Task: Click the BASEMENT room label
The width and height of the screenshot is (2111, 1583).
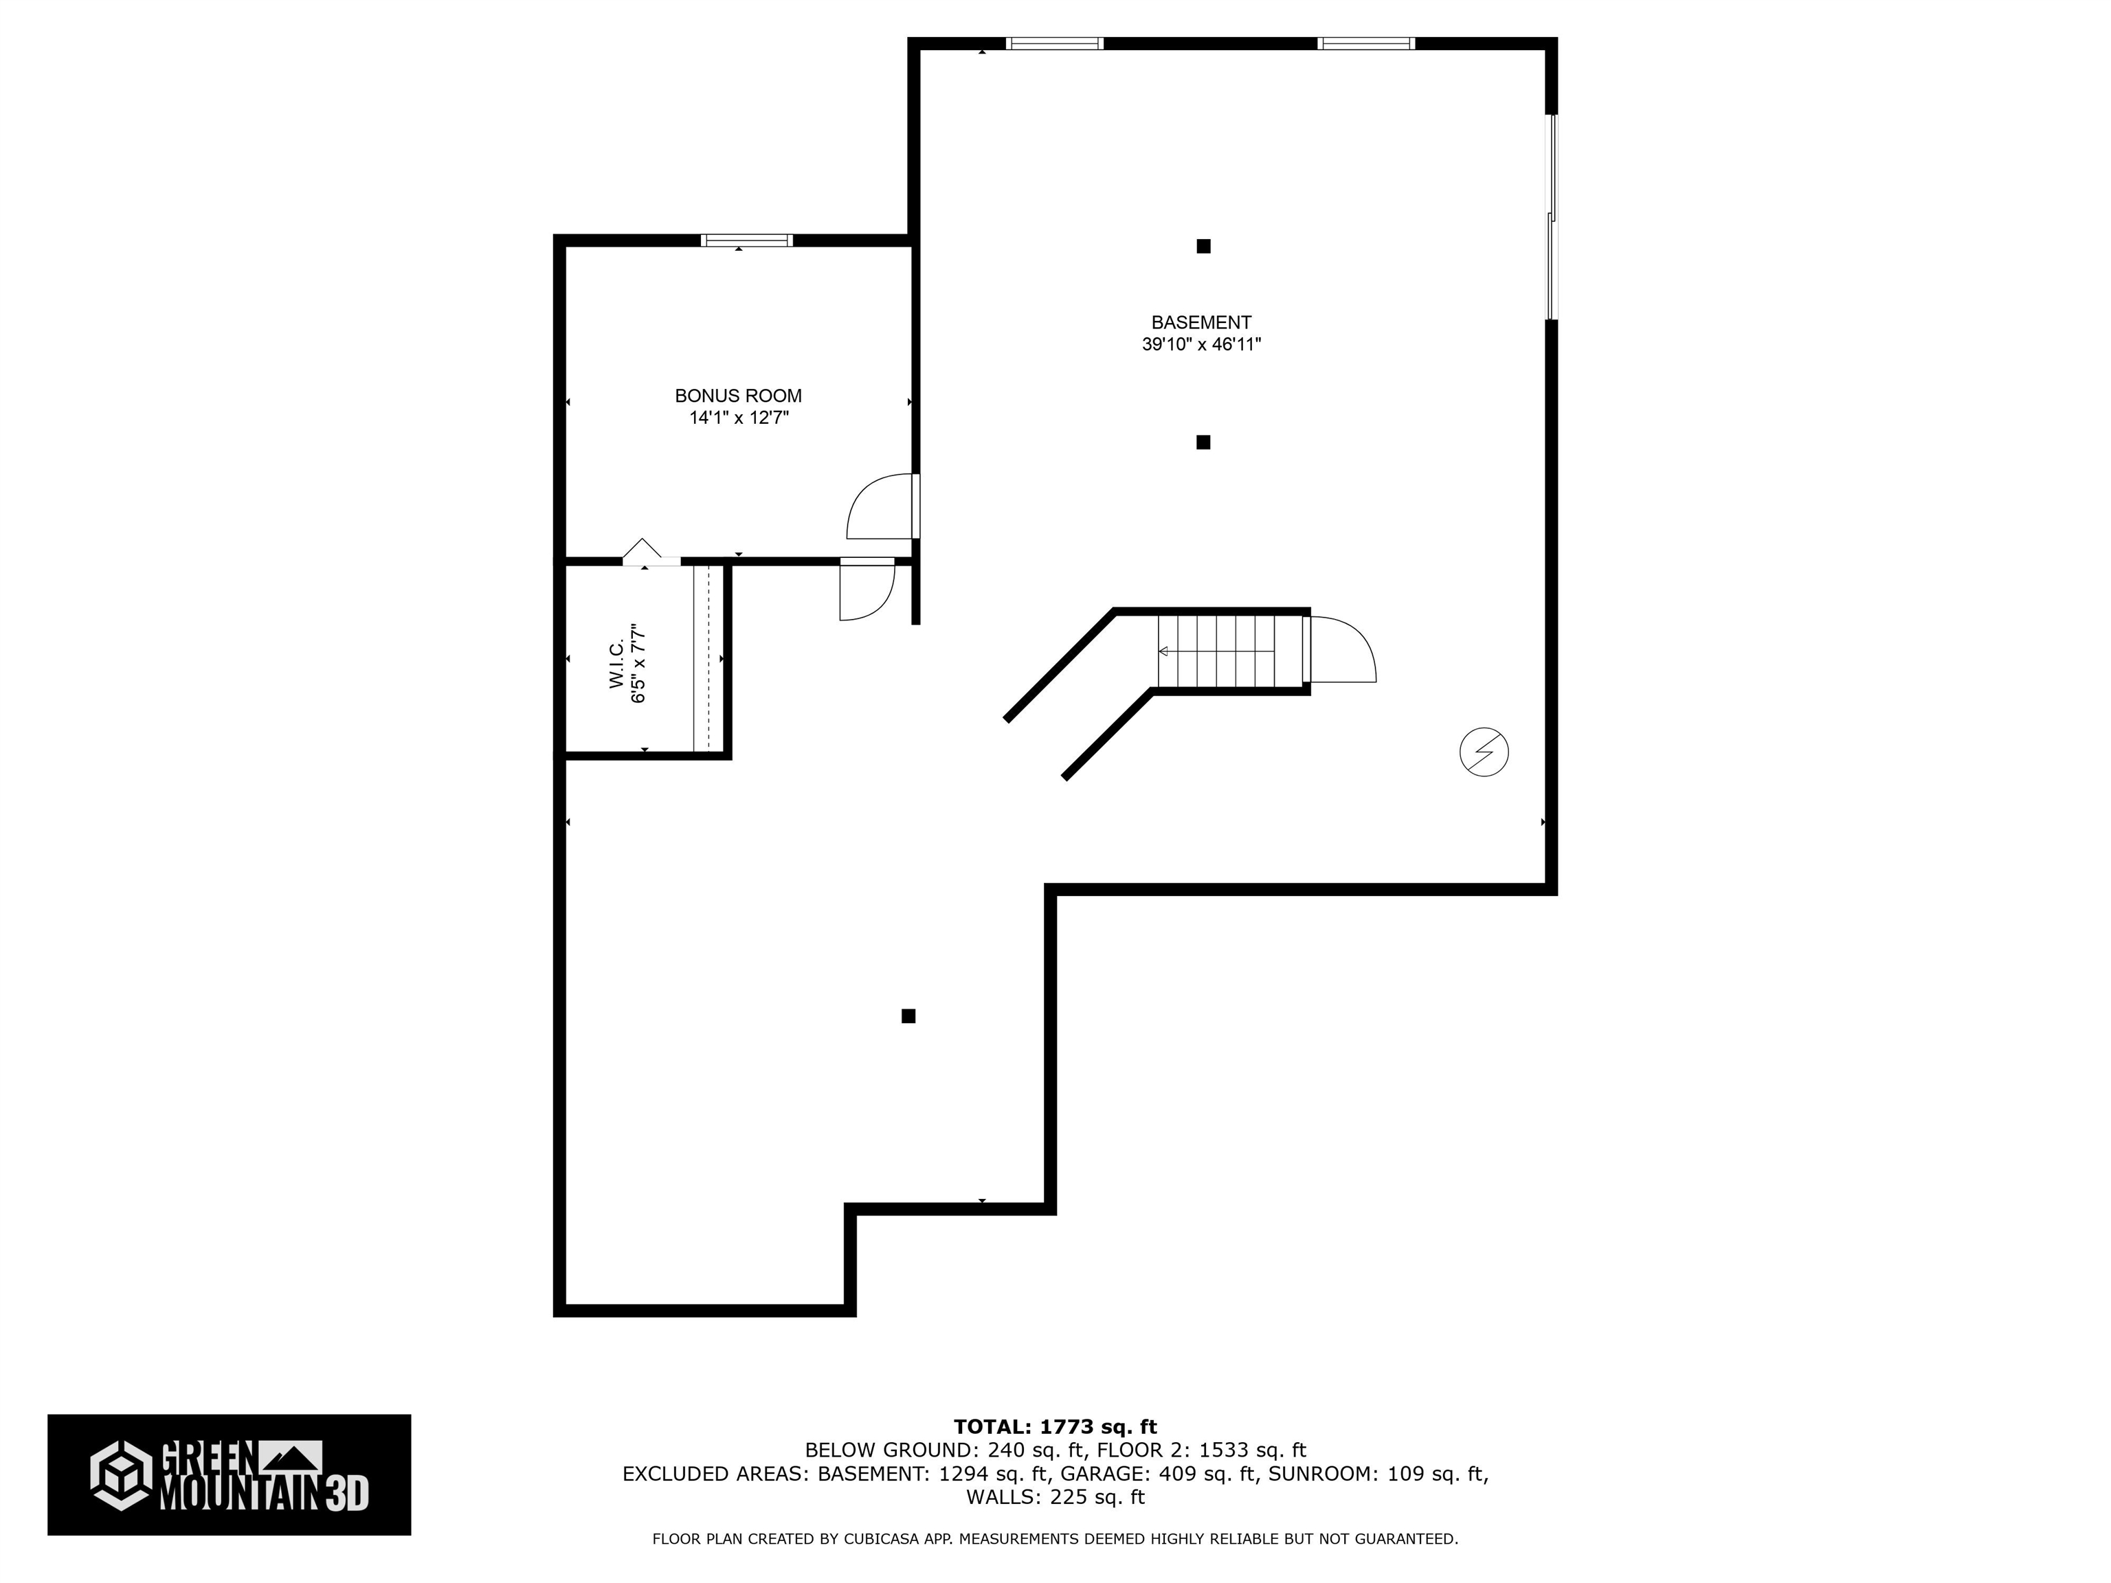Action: [x=1200, y=322]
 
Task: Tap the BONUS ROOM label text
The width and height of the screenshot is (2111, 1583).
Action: [x=738, y=395]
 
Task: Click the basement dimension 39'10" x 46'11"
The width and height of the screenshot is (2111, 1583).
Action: [x=1200, y=344]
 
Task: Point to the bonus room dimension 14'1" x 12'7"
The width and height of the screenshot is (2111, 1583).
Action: [x=739, y=417]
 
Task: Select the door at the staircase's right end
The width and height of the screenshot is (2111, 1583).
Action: [x=1341, y=651]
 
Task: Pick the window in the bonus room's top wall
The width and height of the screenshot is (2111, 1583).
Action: [x=746, y=240]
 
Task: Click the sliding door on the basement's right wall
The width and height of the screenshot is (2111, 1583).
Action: [x=1551, y=218]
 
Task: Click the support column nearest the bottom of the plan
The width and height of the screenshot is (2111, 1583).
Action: [x=908, y=1016]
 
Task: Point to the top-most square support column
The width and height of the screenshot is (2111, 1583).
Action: [x=1203, y=246]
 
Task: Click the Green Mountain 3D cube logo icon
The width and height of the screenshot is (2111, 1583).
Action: [x=121, y=1474]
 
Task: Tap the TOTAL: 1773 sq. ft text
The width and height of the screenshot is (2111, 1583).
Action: [x=1055, y=1426]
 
